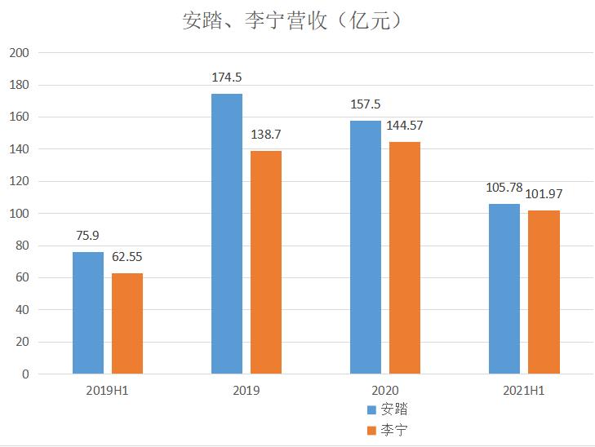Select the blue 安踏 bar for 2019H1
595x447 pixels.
[88, 313]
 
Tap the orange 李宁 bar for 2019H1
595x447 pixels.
[127, 324]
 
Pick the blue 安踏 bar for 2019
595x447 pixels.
[227, 234]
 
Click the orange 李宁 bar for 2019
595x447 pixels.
[266, 263]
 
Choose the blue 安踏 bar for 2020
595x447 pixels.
[366, 248]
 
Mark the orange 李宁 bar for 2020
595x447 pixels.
[405, 258]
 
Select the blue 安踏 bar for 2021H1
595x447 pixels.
[504, 289]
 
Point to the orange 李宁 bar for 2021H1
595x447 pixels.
[544, 292]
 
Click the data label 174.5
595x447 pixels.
[227, 77]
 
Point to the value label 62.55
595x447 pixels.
[127, 257]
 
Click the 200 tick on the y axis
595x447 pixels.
[18, 53]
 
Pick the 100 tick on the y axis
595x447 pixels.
[18, 214]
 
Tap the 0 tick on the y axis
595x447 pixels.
[25, 374]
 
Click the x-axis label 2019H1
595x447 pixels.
[107, 391]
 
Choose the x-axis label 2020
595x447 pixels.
[384, 391]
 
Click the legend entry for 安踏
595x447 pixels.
[385, 409]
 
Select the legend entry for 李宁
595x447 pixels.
[385, 429]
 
